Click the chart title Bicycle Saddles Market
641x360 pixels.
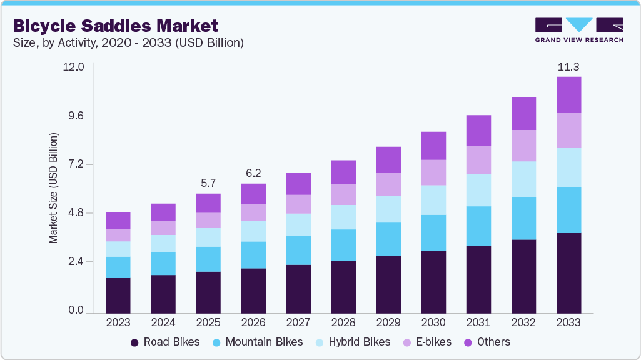pos(116,26)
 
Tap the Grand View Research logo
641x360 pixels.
pos(579,29)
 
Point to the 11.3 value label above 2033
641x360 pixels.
pos(568,67)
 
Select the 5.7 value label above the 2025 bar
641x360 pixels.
pos(208,184)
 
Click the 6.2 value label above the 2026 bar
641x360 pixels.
pos(253,174)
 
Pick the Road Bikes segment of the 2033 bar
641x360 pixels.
pos(568,272)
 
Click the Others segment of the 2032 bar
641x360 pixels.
pos(523,113)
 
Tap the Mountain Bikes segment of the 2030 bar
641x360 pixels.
pos(433,233)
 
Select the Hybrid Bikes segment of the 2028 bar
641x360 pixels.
pos(343,217)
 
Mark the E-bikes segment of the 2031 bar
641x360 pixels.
pos(478,159)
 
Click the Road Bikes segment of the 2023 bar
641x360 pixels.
pos(118,295)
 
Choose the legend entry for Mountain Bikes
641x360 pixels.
pos(258,342)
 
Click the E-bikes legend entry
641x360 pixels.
pos(432,342)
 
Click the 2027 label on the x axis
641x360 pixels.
pos(298,323)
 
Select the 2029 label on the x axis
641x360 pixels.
pos(388,323)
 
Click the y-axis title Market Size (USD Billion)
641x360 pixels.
pos(53,188)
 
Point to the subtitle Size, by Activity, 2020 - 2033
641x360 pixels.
pos(128,43)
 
